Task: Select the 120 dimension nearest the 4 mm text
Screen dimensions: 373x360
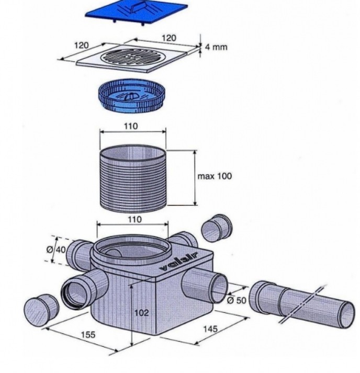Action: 169,38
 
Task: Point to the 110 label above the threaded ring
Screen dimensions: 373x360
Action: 132,127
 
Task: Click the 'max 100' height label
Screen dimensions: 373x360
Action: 215,176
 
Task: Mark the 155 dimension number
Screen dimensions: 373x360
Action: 87,334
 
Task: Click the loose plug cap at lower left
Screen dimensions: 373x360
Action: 39,312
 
